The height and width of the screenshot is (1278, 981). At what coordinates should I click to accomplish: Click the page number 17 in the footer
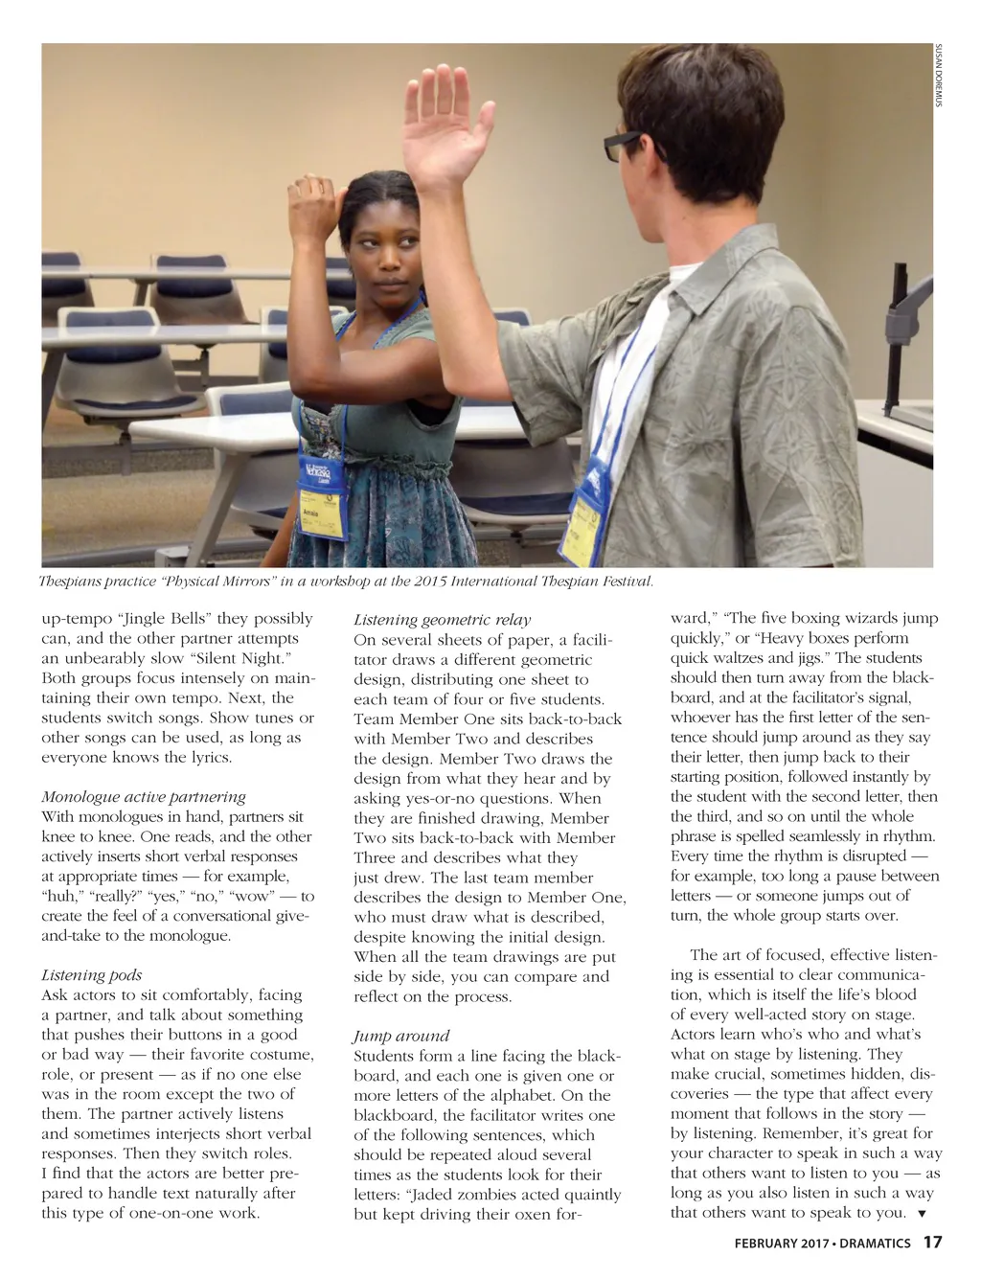pyautogui.click(x=932, y=1243)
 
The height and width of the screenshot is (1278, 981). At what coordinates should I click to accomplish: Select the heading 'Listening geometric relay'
pyautogui.click(x=442, y=620)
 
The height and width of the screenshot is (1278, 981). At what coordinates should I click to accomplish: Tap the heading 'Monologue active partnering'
pyautogui.click(x=144, y=796)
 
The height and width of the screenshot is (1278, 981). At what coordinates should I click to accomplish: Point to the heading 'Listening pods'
pyautogui.click(x=91, y=974)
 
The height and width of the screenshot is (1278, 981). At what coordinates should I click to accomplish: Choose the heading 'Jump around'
pyautogui.click(x=401, y=1036)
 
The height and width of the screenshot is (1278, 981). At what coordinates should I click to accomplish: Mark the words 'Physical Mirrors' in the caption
pyautogui.click(x=218, y=582)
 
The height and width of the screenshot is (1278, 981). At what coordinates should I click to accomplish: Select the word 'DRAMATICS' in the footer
pyautogui.click(x=876, y=1244)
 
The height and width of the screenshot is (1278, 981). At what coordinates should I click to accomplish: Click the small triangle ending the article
pyautogui.click(x=922, y=1214)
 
